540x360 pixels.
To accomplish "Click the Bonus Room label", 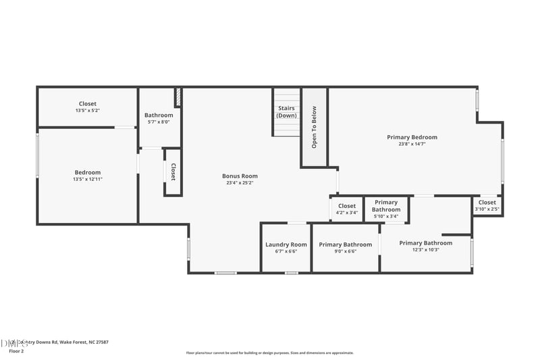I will tap(240, 176).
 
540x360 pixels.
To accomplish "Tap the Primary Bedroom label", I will tap(412, 137).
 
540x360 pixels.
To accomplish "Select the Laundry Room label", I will tap(286, 245).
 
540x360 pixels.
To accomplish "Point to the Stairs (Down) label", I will tap(286, 111).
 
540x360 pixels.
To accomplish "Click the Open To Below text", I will tap(314, 127).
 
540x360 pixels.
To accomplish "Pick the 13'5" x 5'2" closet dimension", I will tap(87, 111).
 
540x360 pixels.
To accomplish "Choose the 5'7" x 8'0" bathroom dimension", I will tap(159, 122).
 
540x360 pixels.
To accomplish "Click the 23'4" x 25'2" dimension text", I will tap(240, 183).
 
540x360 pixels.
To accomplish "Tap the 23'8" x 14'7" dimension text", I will tap(412, 144).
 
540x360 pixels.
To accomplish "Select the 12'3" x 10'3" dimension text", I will tap(425, 250).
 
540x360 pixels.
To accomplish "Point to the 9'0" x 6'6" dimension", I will tap(345, 251).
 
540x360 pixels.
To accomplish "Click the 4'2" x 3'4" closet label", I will tap(347, 209).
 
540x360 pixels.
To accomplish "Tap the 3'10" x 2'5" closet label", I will tap(487, 205).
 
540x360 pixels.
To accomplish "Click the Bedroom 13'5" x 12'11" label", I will tap(87, 176).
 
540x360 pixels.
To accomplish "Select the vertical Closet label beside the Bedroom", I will tap(173, 172).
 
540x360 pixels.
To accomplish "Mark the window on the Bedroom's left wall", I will tap(38, 155).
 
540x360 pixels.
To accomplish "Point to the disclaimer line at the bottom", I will tap(270, 353).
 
